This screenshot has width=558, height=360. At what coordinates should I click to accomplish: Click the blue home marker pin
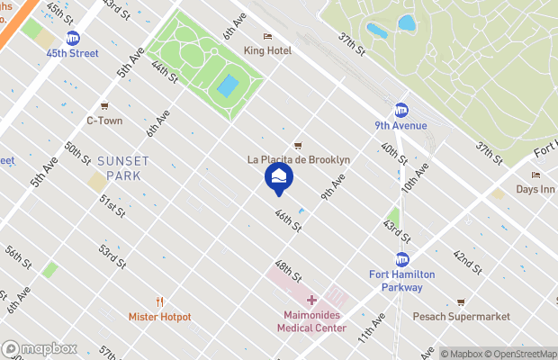pos(278,176)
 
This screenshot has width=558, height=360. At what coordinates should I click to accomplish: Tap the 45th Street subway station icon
pos(73,38)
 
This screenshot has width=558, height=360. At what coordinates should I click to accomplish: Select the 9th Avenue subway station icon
pos(401,110)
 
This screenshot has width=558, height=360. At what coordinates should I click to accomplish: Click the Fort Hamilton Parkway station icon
pos(402,259)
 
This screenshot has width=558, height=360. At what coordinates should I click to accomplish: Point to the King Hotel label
pos(266,51)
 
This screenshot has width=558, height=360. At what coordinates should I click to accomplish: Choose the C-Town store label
pos(103,120)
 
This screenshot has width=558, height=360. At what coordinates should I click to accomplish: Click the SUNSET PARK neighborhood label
pos(124,168)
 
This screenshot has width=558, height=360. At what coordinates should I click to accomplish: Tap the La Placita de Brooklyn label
pos(298,159)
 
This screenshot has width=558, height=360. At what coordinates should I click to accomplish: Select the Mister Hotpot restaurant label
pos(159,317)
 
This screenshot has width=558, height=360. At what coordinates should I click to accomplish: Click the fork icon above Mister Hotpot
pos(159,301)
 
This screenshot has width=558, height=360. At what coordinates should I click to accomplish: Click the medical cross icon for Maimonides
pos(311,300)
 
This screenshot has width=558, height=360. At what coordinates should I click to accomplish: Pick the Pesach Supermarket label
pos(461,317)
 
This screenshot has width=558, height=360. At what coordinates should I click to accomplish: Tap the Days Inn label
pos(535,189)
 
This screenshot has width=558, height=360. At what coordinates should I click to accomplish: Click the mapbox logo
pos(40,348)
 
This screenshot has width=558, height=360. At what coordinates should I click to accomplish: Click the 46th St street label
pos(287,221)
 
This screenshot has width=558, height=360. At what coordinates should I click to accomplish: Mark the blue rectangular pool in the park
pos(228,87)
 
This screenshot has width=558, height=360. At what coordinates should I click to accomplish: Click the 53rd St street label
pos(112,256)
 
